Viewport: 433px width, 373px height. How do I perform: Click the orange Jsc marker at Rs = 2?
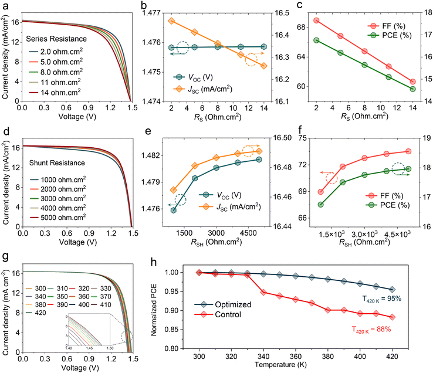click(x=171, y=21)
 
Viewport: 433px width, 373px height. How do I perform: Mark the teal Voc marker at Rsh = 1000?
click(x=174, y=209)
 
